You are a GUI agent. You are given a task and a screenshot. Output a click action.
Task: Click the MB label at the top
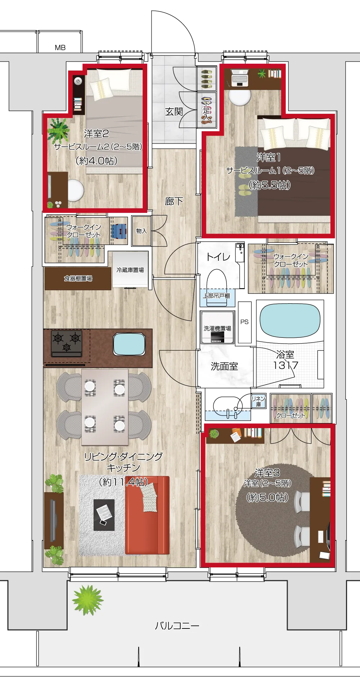(x=60, y=47)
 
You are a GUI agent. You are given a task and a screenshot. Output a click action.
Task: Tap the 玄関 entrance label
(x=174, y=112)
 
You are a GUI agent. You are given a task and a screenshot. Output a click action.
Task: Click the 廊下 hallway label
(x=174, y=201)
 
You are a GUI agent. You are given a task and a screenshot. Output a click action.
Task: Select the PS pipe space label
(x=244, y=322)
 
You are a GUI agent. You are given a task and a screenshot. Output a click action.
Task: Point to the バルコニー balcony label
(x=177, y=626)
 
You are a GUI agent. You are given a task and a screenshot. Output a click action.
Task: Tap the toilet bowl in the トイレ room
(x=216, y=282)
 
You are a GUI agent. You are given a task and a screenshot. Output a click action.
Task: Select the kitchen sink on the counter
(x=129, y=344)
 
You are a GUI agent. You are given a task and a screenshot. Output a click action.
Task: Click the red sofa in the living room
(x=147, y=515)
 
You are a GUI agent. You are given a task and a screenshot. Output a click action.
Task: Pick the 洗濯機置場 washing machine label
(x=217, y=328)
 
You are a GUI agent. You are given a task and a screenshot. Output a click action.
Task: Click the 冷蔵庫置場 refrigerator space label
(x=130, y=270)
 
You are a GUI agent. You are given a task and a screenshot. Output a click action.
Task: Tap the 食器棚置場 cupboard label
(x=78, y=278)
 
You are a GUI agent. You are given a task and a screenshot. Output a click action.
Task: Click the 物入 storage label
(x=141, y=231)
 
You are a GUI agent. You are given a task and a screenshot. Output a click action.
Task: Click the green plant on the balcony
(x=87, y=600)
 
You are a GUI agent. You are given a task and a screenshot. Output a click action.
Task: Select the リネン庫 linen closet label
(x=258, y=401)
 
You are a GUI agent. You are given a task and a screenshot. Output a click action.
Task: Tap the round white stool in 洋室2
(x=75, y=190)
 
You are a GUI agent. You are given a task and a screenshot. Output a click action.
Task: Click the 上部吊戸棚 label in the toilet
(x=216, y=296)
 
